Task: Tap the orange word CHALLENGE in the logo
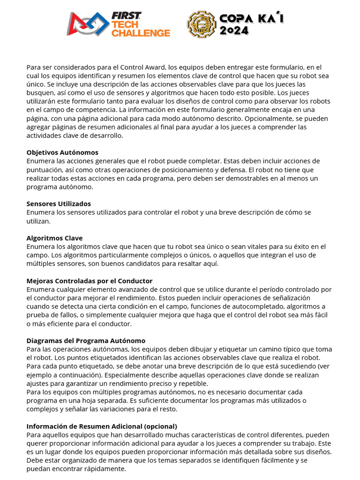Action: (141, 33)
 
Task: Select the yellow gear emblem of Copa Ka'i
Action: (202, 24)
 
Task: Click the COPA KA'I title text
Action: (252, 19)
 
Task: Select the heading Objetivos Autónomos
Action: (62, 153)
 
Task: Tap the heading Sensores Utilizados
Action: (59, 204)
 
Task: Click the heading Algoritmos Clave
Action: (54, 238)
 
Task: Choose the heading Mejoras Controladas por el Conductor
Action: (90, 281)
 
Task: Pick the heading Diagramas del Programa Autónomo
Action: (86, 341)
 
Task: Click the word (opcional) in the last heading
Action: (161, 426)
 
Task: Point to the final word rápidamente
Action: (105, 469)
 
